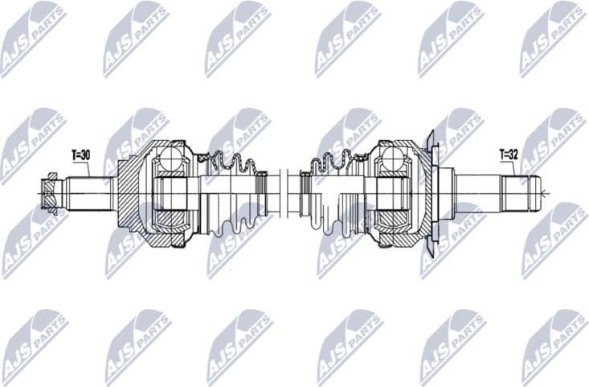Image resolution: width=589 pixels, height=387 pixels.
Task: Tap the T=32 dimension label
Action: (x=509, y=153)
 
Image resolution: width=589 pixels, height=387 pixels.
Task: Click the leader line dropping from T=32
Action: (x=508, y=167)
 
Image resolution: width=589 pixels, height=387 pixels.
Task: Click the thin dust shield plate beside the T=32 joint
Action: (x=432, y=192)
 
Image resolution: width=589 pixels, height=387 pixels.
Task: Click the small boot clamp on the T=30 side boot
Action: (x=260, y=194)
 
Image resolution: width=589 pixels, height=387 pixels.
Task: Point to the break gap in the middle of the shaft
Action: (x=282, y=193)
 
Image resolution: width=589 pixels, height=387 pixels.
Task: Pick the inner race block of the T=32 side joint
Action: (x=394, y=193)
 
